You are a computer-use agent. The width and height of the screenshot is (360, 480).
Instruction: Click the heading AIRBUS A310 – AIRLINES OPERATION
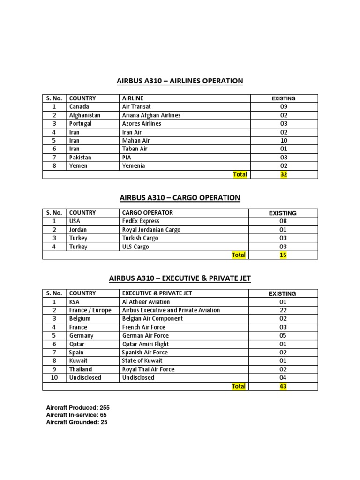[x=180, y=81]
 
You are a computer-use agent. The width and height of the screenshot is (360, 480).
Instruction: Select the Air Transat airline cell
[x=136, y=107]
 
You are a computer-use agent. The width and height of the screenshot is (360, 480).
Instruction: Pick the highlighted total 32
[x=283, y=174]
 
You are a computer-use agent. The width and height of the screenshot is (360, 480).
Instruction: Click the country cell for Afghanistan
[x=85, y=115]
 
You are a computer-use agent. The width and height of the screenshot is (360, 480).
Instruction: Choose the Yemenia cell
[x=134, y=166]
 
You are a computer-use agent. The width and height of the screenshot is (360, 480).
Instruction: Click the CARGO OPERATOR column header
[x=147, y=213]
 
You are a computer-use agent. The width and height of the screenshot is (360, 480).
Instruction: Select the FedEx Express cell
[x=141, y=221]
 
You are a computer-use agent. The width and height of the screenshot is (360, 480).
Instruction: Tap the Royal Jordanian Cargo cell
[x=151, y=230]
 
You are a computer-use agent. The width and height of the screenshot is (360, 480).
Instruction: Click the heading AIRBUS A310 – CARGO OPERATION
[x=180, y=198]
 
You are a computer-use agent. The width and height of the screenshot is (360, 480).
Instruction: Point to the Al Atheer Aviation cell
[x=146, y=302]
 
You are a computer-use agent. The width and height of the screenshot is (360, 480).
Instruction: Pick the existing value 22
[x=283, y=310]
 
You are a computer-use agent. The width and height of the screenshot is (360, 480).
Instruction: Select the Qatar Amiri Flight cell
[x=145, y=344]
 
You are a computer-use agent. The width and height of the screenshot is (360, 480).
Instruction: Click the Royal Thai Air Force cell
[x=148, y=369]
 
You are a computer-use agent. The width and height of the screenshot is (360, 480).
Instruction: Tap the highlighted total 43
[x=283, y=386]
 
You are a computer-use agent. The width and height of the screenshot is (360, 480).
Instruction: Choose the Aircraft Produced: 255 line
[x=78, y=407]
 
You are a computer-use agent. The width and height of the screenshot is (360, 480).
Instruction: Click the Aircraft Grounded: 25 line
[x=77, y=422]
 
